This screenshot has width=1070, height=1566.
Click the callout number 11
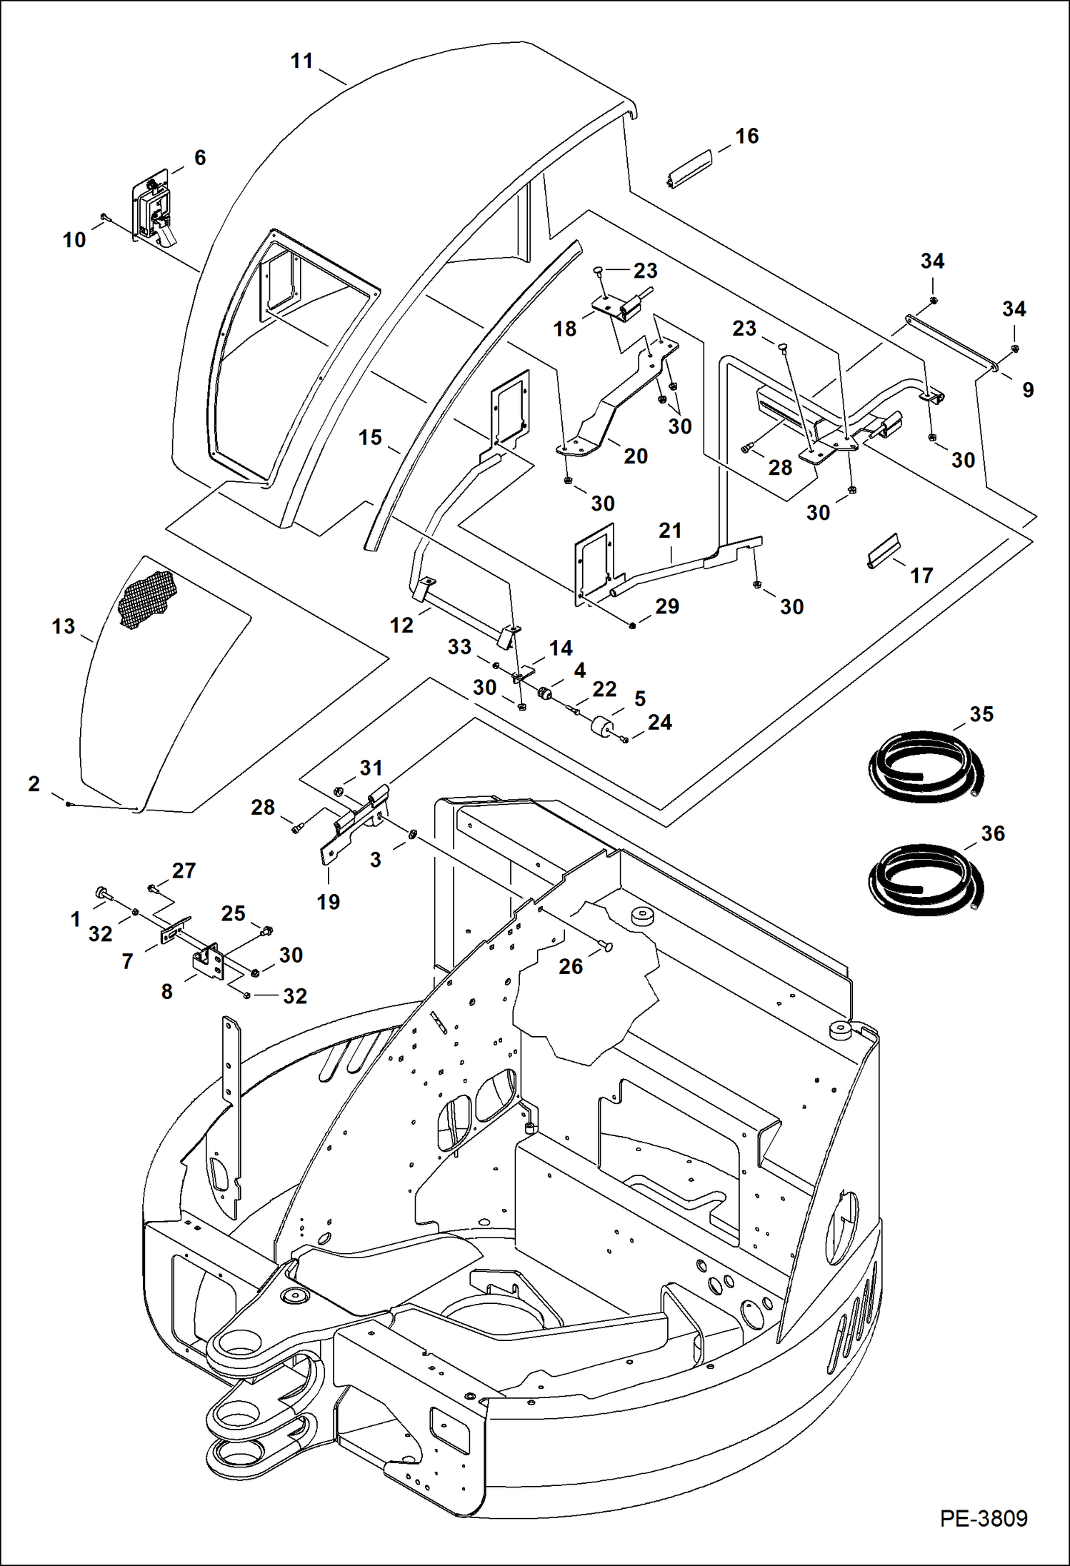(301, 61)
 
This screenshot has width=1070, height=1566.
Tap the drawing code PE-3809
(984, 1518)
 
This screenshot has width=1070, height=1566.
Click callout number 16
(746, 136)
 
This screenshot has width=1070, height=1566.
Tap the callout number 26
(570, 966)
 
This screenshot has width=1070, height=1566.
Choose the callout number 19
(328, 902)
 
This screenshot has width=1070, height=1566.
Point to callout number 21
(670, 531)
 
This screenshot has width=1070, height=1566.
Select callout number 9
(1027, 390)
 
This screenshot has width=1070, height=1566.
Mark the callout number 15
(370, 438)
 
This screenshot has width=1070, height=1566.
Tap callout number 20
(635, 456)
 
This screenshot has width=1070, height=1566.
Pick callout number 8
(166, 991)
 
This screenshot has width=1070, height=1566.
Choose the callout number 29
(666, 606)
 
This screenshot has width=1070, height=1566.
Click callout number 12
(401, 626)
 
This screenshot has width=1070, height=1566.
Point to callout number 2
(34, 784)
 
